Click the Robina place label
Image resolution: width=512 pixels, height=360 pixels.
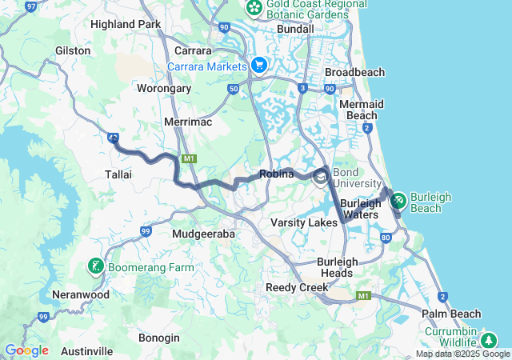click(276, 174)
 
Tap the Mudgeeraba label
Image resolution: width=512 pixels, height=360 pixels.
click(204, 234)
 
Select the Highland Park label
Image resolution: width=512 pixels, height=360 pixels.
click(126, 24)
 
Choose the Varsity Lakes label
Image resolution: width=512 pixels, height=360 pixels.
click(304, 222)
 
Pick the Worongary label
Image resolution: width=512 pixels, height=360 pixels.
click(164, 89)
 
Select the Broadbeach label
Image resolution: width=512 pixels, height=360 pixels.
click(354, 72)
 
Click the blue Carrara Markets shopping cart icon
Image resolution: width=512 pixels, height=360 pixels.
click(258, 65)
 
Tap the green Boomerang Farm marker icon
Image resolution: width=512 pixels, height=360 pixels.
click(95, 266)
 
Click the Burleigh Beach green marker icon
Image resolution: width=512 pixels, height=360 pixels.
click(398, 199)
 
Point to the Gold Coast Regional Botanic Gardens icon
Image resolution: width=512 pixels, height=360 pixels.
click(254, 8)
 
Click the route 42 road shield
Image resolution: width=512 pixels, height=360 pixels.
click(113, 138)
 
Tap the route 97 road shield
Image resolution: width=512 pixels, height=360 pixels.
click(31, 6)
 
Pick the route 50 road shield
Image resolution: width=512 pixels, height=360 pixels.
click(233, 90)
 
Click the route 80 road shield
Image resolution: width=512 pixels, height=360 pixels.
click(386, 238)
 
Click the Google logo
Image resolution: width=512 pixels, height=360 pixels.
click(26, 350)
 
